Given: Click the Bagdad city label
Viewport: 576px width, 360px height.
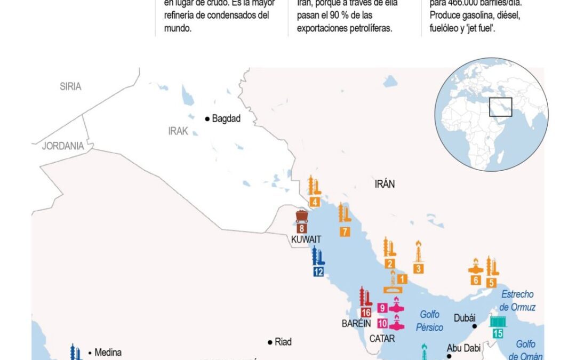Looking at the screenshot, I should coord(226,119).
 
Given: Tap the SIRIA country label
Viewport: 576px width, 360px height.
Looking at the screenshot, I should coord(70,86).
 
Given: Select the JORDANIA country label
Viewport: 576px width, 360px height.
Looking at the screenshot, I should coord(63,146).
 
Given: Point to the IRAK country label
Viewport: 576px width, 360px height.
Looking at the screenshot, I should coord(178,131).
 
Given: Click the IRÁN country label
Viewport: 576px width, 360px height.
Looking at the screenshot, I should coord(385,184).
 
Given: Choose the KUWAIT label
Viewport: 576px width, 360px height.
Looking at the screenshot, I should coord(306,239).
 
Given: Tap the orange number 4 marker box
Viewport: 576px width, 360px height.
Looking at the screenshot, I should coord(315,202).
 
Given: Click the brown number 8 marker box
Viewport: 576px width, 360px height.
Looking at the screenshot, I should coord(301,228).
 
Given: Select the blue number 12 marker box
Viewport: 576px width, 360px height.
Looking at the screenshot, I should coord(318,271).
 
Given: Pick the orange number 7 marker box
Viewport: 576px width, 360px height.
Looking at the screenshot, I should coord(345,231).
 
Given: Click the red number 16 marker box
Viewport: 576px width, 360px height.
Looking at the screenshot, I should coord(366,313).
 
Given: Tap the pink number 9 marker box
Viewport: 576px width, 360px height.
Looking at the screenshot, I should coord(382,308).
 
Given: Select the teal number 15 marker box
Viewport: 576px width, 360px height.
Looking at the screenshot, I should coord(498,334).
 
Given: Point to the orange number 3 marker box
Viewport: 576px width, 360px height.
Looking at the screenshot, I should coord(419,269).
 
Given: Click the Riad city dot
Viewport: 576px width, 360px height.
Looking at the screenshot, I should coord(270,342).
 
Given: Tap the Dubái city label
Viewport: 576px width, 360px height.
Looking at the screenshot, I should coord(464,318).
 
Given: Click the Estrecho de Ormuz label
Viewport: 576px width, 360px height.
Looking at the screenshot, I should coord(517,301).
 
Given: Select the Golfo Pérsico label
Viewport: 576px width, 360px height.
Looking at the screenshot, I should coord(431,321).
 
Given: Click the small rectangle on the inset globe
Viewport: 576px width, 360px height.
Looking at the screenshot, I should coord(501,107).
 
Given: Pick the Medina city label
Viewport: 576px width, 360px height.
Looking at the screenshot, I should coord(108,352).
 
